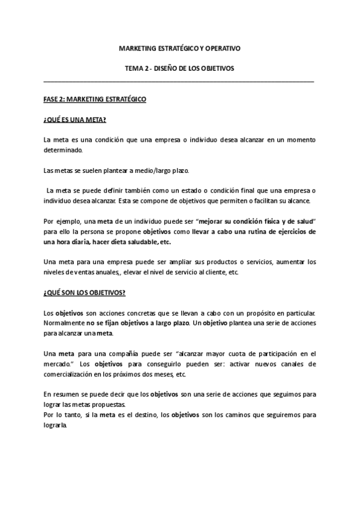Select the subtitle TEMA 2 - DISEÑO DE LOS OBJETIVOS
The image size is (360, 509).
[x=179, y=68]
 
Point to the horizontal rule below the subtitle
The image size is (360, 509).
[x=179, y=81]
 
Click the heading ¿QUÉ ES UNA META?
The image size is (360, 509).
[x=75, y=119]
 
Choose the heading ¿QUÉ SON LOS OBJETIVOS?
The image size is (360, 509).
[x=85, y=293]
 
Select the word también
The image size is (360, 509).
[x=142, y=192]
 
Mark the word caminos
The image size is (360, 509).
[x=233, y=415]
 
